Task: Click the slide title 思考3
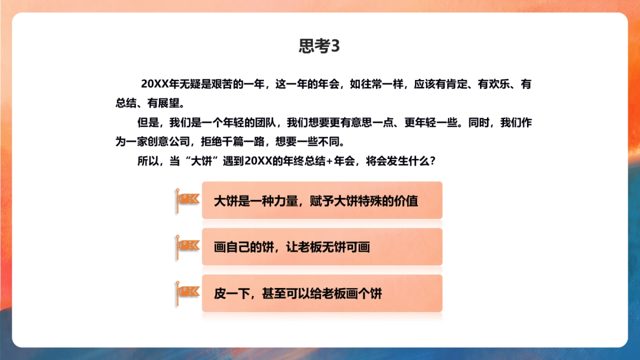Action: click(319, 46)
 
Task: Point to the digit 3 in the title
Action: click(335, 46)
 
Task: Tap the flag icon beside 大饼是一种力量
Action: click(187, 199)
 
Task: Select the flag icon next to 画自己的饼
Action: click(187, 246)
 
